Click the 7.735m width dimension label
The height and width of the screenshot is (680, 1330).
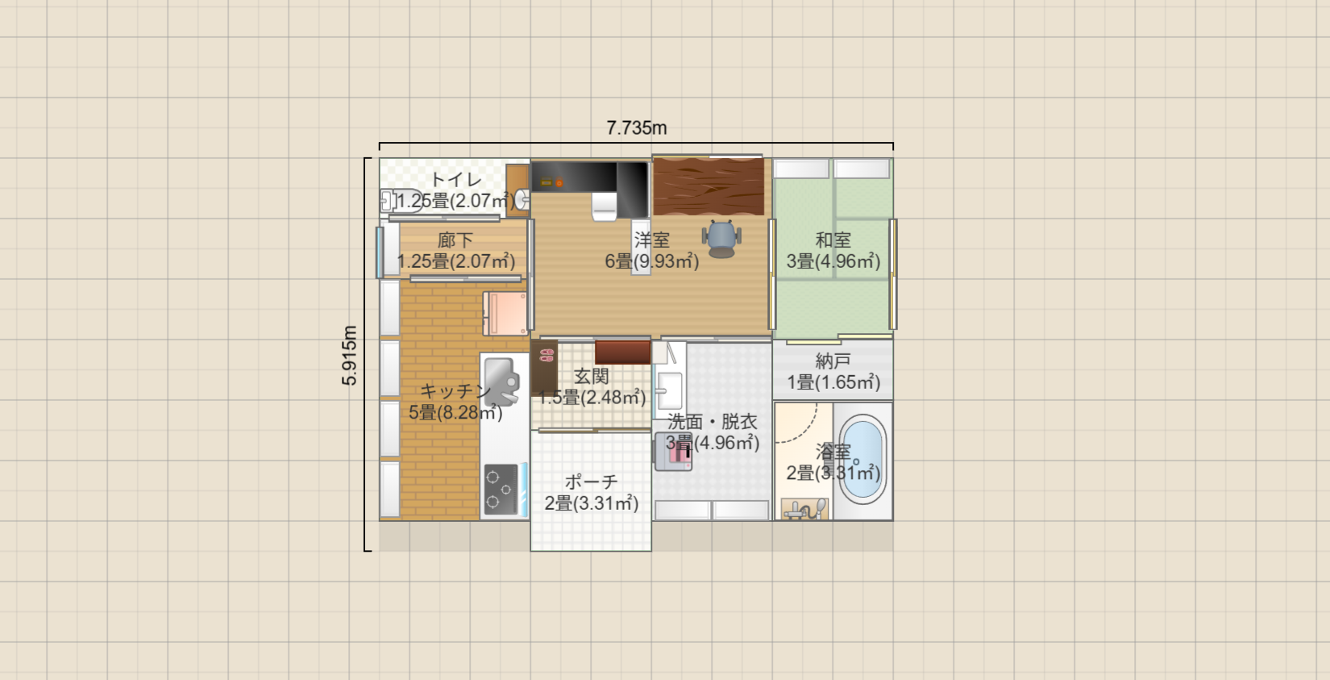tap(636, 127)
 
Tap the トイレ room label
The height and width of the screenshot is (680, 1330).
tap(455, 180)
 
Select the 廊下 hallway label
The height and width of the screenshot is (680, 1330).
tap(455, 240)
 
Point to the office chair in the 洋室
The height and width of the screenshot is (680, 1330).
tap(721, 239)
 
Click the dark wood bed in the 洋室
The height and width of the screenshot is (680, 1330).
tap(709, 186)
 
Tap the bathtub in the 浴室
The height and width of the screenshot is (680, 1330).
tap(862, 459)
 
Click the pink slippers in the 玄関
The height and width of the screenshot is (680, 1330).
tap(547, 356)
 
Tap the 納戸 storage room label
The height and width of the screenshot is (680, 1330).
tap(833, 361)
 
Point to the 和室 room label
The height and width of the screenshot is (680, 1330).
tap(833, 240)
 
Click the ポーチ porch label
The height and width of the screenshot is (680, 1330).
tap(592, 482)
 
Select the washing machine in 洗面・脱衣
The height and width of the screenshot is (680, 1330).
tap(673, 452)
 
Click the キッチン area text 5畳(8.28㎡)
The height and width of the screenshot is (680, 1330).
tap(455, 412)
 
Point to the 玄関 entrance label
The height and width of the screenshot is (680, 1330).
tap(592, 376)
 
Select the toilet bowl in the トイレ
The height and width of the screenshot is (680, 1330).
tap(402, 201)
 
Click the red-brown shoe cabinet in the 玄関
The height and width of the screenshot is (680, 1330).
tap(623, 352)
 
